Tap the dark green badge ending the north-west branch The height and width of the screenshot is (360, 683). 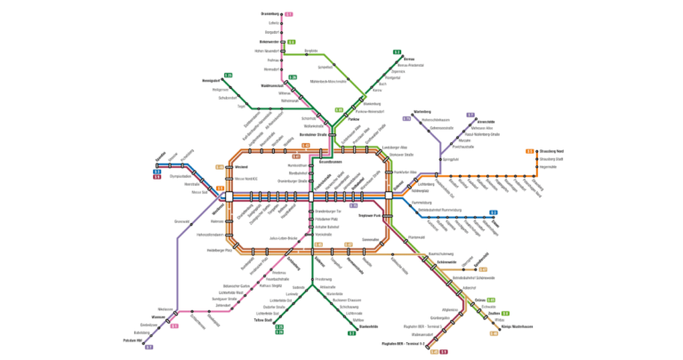point(228,76)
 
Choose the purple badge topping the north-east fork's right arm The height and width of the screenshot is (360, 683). point(470,115)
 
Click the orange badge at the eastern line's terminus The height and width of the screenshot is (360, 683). point(531,150)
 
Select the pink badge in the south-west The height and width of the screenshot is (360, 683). point(174,325)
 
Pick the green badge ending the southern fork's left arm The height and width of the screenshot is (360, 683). point(278,330)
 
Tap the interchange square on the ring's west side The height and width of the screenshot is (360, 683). point(229,195)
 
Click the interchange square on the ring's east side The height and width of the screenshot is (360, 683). point(389,195)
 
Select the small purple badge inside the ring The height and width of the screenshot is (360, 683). point(354,205)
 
